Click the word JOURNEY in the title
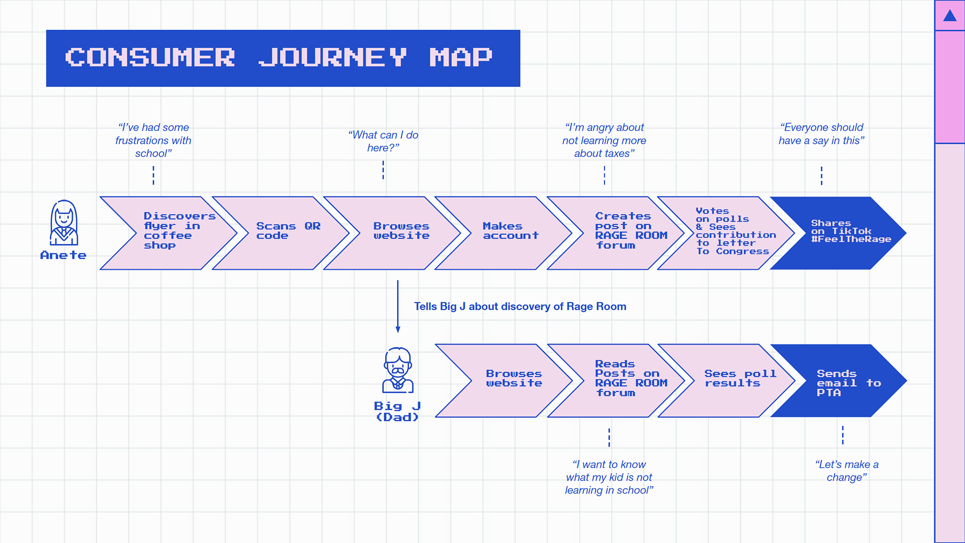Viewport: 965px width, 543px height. coord(332,57)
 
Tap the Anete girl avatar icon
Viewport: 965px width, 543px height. coord(64,222)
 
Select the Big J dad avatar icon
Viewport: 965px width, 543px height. coord(398,370)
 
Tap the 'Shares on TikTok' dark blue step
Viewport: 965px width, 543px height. coord(838,233)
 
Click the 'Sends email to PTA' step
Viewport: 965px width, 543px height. coord(838,381)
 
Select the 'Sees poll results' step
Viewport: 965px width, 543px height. coord(726,381)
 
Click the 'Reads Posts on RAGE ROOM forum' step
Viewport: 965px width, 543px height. coord(616,381)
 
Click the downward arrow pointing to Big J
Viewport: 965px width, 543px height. coord(398,306)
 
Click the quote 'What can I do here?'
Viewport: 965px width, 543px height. coord(383,141)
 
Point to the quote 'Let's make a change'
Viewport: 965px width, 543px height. coord(847,471)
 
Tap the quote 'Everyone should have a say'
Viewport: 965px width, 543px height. coord(822,134)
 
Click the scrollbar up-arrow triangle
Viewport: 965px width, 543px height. coord(950,16)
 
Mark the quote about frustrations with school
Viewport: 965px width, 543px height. coord(153,140)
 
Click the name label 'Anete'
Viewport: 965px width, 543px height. coord(63,255)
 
